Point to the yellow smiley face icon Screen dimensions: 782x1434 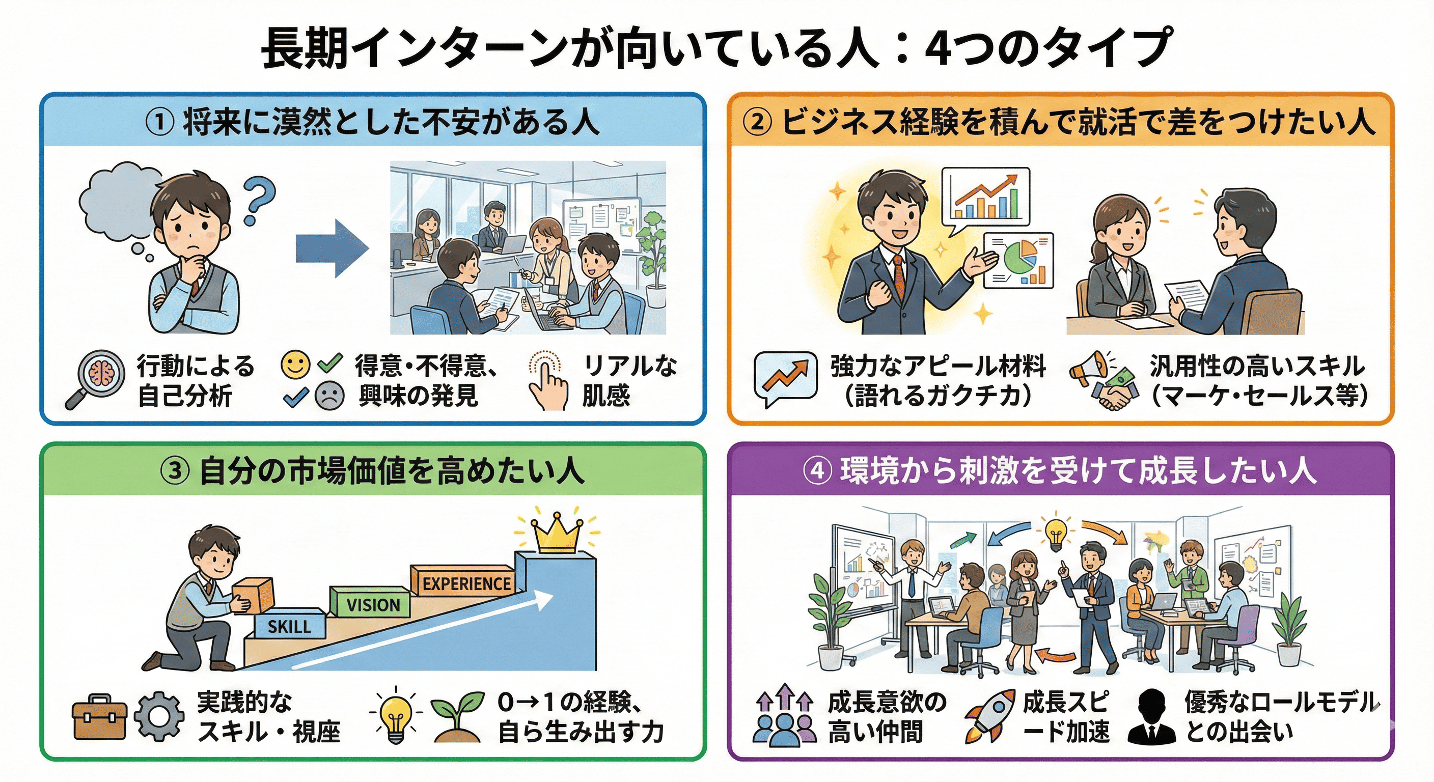295,365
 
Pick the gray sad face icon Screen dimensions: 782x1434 329,396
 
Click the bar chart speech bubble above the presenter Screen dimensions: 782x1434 985,198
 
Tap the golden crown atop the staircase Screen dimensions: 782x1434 557,535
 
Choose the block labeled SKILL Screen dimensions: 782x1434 289,626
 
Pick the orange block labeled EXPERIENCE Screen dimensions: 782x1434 465,583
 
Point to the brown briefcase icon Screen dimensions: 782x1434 100,718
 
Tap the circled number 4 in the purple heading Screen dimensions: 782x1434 817,471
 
